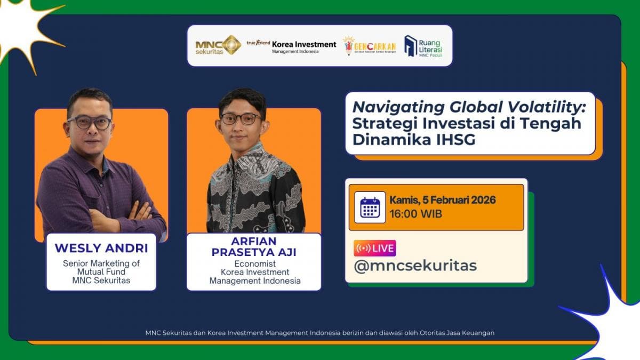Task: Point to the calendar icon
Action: click(370, 207)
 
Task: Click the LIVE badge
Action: click(374, 248)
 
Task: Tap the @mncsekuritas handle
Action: click(415, 266)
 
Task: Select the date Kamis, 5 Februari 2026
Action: click(442, 201)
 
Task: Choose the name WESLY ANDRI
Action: click(101, 249)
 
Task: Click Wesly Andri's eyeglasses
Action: click(89, 123)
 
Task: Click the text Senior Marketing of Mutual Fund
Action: click(101, 267)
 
